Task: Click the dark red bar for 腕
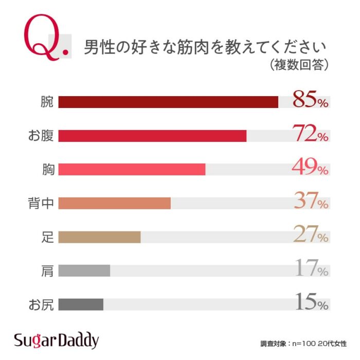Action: point(168,102)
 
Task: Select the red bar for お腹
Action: point(152,136)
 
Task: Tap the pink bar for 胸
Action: point(132,169)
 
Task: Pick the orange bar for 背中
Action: point(114,203)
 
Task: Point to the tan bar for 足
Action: point(99,237)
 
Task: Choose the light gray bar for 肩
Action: point(84,271)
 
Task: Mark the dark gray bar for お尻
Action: point(81,304)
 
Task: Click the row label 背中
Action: point(41,203)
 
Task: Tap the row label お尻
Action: point(41,304)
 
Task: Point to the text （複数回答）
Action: point(299,66)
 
